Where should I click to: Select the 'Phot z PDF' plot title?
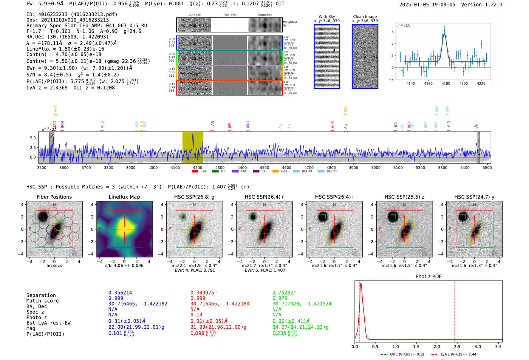pyautogui.click(x=428, y=277)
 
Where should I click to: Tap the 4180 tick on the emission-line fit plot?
pyautogui.click(x=446, y=83)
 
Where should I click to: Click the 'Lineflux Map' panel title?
pyautogui.click(x=124, y=197)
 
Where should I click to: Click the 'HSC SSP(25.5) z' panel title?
pyautogui.click(x=404, y=197)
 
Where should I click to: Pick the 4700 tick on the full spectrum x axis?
pyautogui.click(x=309, y=167)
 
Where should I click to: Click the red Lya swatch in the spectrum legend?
pyautogui.click(x=195, y=172)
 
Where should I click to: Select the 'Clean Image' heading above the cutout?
pyautogui.click(x=365, y=17)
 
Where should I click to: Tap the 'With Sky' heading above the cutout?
pyautogui.click(x=327, y=17)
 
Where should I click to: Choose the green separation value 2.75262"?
pyautogui.click(x=284, y=293)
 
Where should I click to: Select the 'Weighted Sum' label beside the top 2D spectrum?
pyautogui.click(x=290, y=24)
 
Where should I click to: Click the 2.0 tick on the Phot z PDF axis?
pyautogui.click(x=436, y=346)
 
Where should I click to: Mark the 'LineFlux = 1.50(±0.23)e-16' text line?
pyautogui.click(x=65, y=49)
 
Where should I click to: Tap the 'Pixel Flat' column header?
pyautogui.click(x=230, y=15)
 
